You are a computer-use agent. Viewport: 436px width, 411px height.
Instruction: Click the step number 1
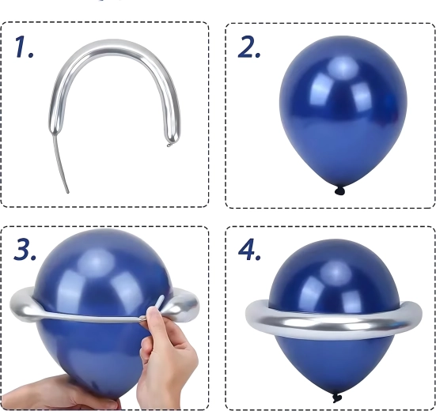click(24, 47)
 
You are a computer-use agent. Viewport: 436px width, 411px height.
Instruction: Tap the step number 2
click(249, 47)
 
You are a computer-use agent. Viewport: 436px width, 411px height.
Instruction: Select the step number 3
click(25, 249)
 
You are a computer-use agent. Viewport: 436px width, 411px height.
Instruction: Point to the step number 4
click(249, 249)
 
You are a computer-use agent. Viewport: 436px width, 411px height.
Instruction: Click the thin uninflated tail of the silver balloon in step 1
click(61, 164)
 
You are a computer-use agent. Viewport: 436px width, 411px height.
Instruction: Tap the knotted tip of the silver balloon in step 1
click(169, 145)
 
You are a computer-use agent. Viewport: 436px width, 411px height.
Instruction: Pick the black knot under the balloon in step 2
click(339, 190)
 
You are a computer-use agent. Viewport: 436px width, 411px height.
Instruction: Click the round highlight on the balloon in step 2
click(343, 67)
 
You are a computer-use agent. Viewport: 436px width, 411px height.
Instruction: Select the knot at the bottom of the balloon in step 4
click(337, 398)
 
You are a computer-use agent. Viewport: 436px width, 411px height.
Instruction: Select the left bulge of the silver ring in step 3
click(24, 305)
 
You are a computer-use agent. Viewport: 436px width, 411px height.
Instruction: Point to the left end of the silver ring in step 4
click(249, 314)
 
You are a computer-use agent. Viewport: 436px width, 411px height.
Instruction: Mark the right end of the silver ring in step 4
click(417, 315)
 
